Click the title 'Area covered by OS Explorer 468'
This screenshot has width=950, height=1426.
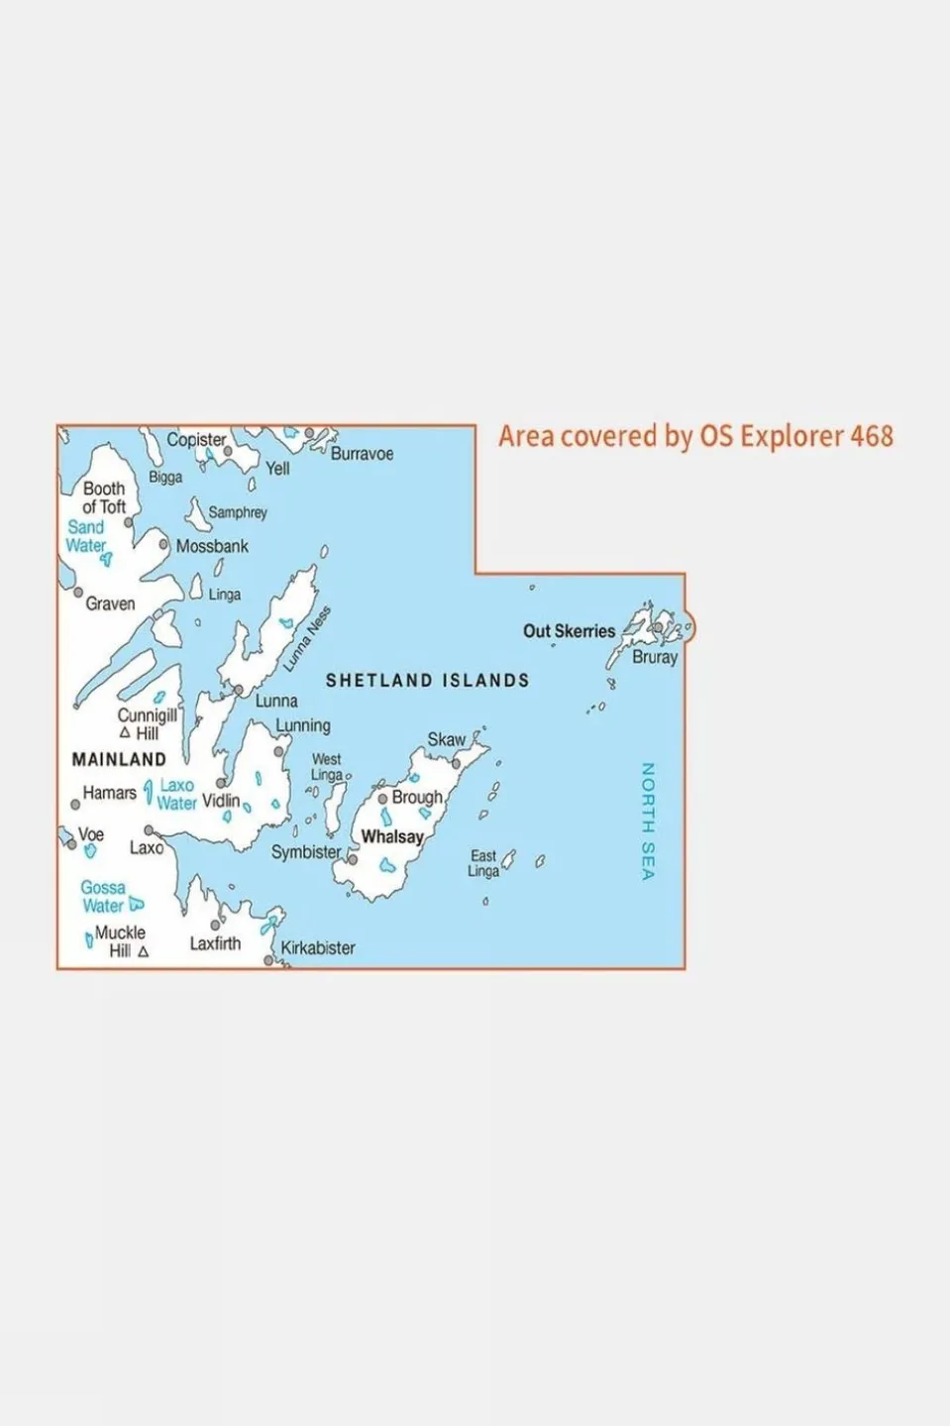(695, 436)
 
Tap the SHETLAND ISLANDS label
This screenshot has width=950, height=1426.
(428, 681)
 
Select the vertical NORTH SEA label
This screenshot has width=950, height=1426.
(648, 821)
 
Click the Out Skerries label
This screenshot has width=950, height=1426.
(569, 631)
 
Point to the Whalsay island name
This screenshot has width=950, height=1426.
(392, 836)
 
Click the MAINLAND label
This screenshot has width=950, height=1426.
(119, 760)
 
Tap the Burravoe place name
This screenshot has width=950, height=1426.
(362, 454)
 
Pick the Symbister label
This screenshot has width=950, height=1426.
(306, 851)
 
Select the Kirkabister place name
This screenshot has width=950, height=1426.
(318, 948)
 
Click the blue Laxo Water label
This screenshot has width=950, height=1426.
(176, 795)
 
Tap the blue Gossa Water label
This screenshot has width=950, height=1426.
(103, 897)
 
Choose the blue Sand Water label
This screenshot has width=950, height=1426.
(85, 536)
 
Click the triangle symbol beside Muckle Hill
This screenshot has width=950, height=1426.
(144, 951)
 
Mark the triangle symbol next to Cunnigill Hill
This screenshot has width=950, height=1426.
(125, 733)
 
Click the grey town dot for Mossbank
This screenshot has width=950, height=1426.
(163, 544)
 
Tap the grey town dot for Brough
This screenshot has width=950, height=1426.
(382, 798)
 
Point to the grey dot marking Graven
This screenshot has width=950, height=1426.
(78, 592)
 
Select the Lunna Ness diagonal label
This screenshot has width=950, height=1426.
(307, 639)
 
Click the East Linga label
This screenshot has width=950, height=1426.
(483, 863)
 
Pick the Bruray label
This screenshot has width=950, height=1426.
(655, 657)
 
